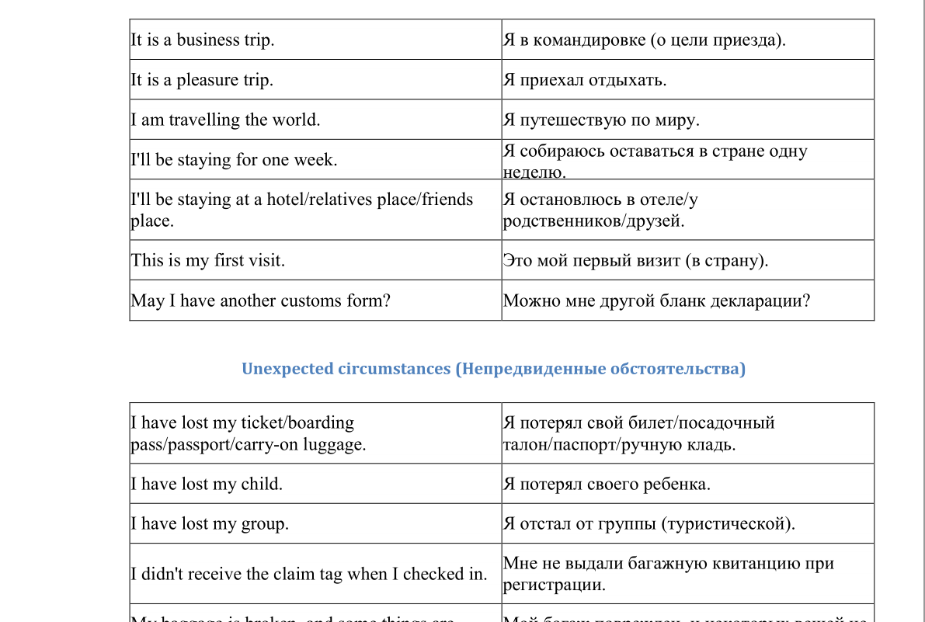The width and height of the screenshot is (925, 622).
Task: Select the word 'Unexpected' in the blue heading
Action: [287, 369]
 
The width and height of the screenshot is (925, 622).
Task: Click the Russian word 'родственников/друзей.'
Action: [593, 221]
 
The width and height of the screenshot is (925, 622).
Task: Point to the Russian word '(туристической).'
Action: [728, 524]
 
